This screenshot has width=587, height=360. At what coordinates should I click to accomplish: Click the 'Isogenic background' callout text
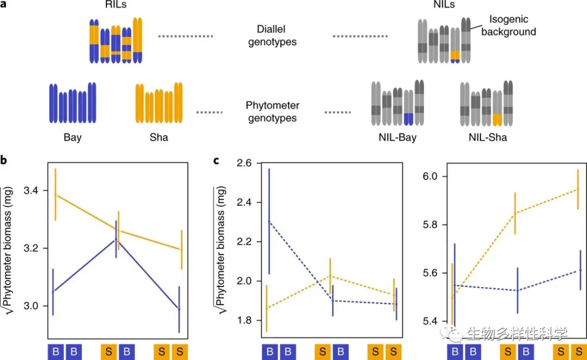coord(508,26)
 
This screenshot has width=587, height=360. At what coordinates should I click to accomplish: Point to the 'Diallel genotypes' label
coord(272,36)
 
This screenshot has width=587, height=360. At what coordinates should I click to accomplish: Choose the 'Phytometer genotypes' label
coord(272,111)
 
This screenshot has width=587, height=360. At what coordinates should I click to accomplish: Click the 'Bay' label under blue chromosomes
coord(72,138)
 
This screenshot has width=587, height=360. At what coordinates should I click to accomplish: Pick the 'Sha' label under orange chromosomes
coord(159,138)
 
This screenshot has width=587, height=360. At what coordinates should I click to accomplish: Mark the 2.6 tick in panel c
coord(245,163)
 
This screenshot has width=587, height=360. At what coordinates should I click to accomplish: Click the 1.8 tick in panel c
coord(245,320)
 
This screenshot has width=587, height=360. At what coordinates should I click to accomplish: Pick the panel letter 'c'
coord(216,160)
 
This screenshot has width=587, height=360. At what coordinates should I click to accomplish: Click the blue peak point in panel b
coord(116,239)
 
